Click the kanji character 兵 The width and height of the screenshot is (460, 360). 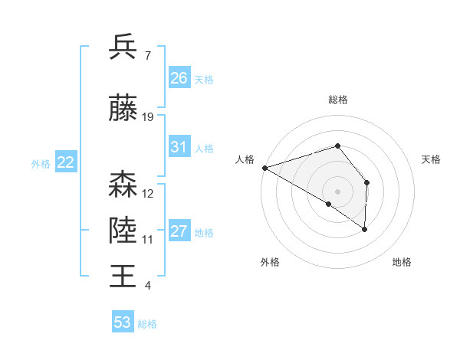(123, 47)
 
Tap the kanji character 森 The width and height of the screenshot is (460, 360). (123, 185)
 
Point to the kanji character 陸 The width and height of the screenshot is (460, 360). (123, 230)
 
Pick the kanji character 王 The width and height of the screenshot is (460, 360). (123, 275)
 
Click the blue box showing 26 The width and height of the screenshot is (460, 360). (179, 78)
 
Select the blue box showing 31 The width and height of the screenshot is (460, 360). (179, 147)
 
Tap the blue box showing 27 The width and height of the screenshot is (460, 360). (179, 231)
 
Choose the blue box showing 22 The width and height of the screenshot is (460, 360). (66, 162)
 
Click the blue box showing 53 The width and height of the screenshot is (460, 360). (123, 322)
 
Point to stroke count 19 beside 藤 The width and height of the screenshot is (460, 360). (148, 117)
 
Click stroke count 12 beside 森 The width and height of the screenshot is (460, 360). (148, 194)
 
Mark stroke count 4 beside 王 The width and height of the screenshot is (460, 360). (148, 286)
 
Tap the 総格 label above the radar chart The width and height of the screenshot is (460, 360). (337, 100)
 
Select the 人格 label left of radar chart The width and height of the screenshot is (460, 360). (245, 159)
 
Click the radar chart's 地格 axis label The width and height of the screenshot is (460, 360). (402, 263)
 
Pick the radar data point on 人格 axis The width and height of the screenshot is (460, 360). (264, 167)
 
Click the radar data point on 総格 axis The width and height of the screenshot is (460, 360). (337, 146)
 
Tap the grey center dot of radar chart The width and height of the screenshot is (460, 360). (337, 191)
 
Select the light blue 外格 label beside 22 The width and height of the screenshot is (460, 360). (40, 163)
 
